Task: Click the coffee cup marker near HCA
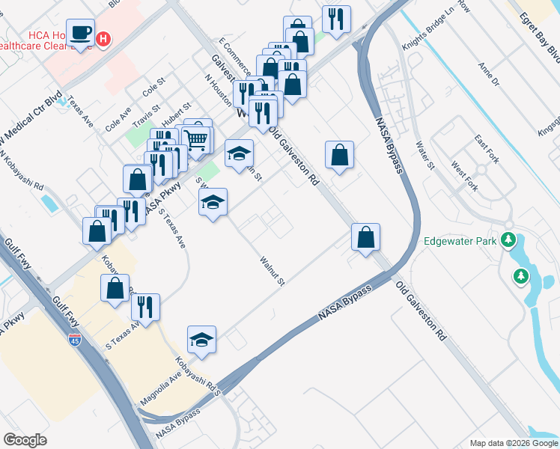(x=80, y=34)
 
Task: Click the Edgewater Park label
(x=461, y=241)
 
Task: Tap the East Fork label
(x=487, y=141)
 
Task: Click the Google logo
(x=25, y=440)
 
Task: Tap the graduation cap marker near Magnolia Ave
(x=201, y=340)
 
